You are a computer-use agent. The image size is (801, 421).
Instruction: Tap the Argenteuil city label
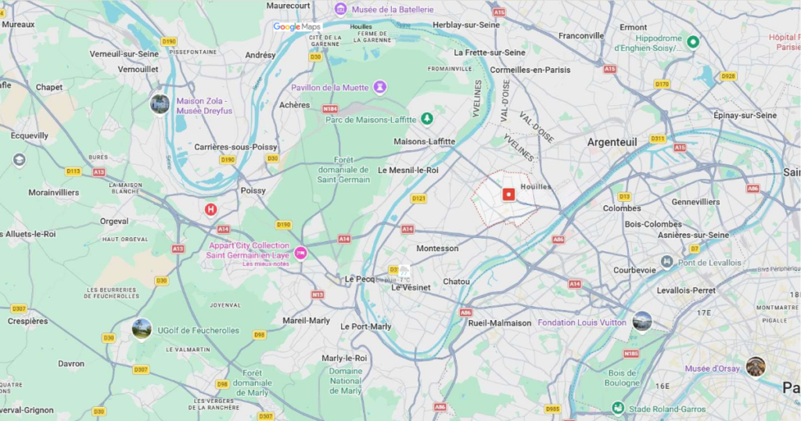coord(612,142)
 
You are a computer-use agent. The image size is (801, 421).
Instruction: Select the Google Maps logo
coord(297,27)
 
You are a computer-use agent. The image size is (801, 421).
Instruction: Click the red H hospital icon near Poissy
coord(210,209)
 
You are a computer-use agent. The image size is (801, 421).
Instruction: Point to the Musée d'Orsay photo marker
coord(755,366)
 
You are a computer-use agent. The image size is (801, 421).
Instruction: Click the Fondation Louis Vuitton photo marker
coord(642,321)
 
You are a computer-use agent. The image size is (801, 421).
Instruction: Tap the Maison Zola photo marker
coord(160,103)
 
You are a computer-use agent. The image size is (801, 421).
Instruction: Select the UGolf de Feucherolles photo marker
coord(142,329)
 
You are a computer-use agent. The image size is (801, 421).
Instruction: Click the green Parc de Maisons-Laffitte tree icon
coord(426,118)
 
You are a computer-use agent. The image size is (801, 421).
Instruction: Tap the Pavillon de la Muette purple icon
coord(379,86)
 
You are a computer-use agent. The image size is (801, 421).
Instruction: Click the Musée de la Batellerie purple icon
coord(340,9)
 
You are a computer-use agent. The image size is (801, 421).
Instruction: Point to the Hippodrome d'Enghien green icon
coord(692,41)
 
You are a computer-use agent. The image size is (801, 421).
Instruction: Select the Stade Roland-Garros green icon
coord(618,408)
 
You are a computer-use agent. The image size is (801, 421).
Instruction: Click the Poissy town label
coord(253,190)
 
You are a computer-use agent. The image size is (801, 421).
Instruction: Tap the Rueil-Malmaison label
coord(500,322)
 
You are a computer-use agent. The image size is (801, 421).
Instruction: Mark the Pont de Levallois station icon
coord(666,261)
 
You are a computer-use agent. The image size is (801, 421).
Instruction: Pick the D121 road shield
coord(419,198)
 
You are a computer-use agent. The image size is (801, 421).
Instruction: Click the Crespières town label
coord(28,321)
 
